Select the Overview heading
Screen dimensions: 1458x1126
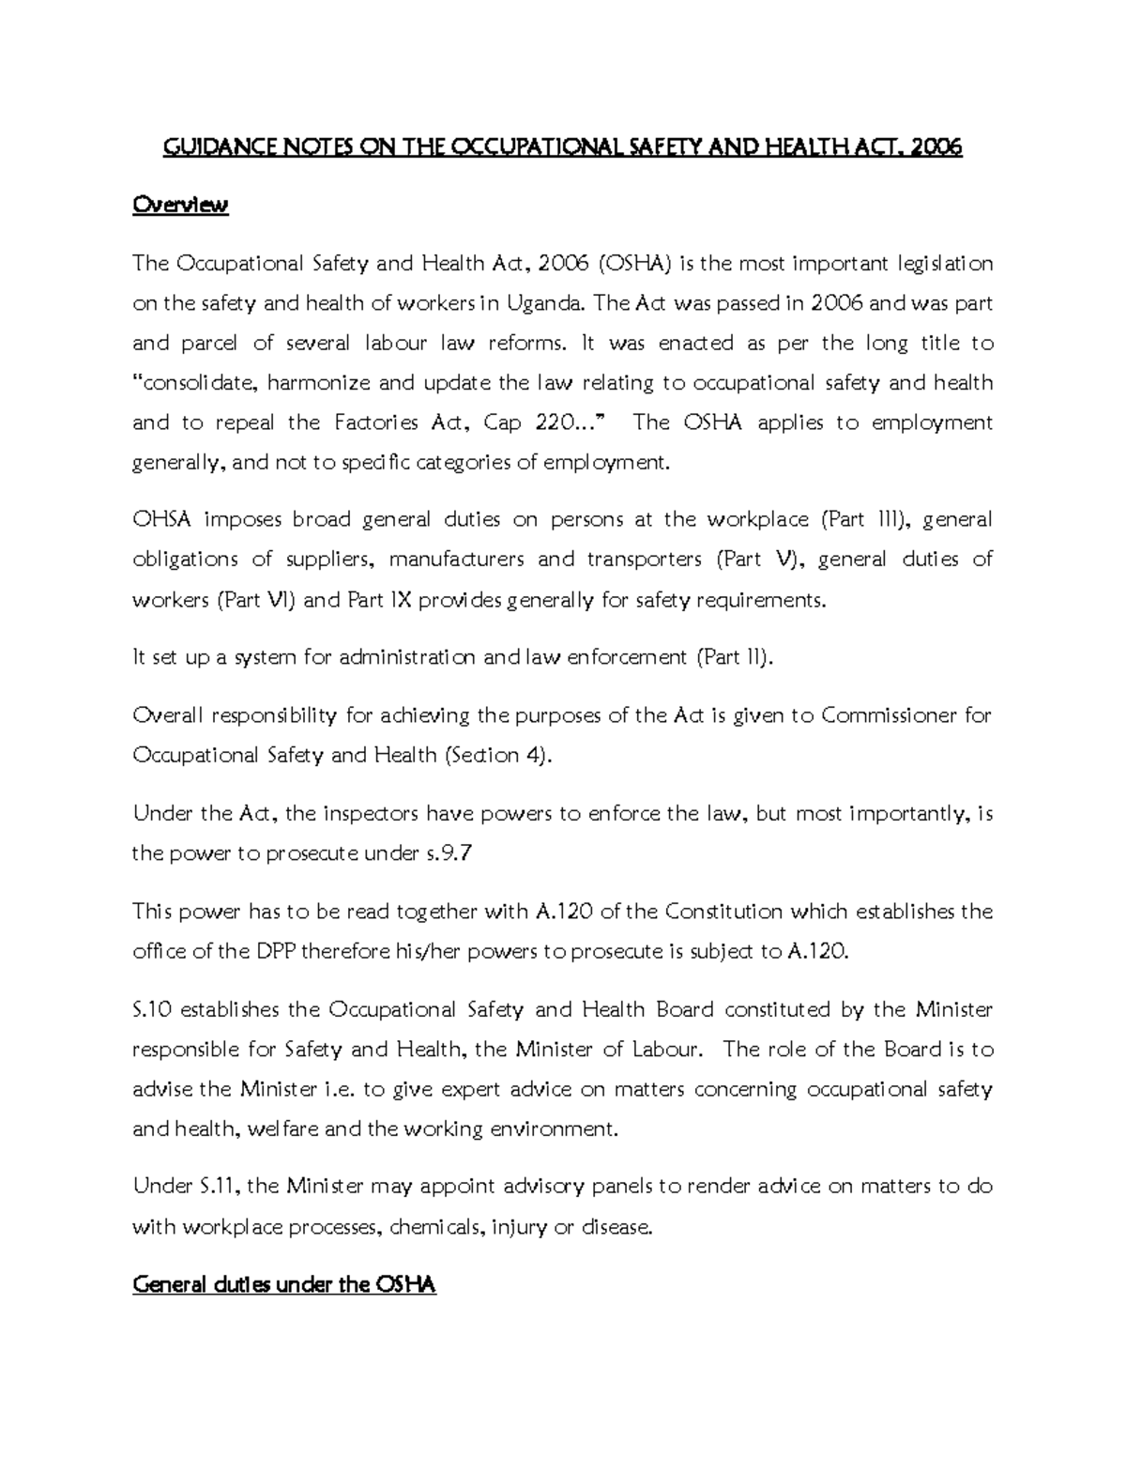pyautogui.click(x=180, y=205)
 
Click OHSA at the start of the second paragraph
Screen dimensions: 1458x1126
pyautogui.click(x=161, y=520)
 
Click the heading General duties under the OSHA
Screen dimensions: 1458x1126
pyautogui.click(x=284, y=1284)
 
